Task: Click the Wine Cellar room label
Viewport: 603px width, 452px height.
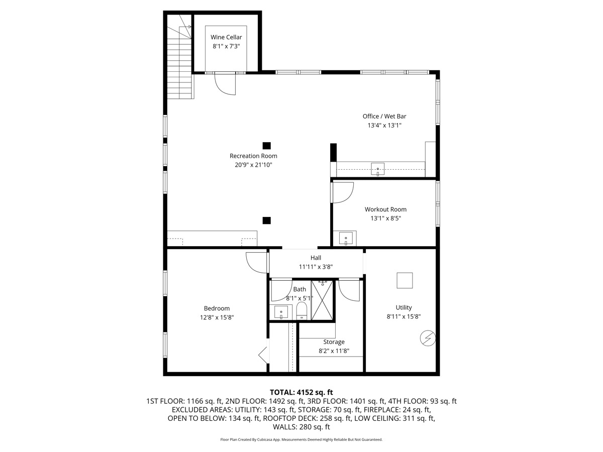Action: [226, 37]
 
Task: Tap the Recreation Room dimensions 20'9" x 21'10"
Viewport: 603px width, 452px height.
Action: [253, 165]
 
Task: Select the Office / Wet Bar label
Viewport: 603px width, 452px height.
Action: [384, 117]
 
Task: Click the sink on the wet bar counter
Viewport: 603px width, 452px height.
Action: [378, 169]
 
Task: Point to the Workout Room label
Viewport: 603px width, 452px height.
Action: [385, 209]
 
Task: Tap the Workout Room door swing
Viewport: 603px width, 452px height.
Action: [343, 192]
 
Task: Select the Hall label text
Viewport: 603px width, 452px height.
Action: [316, 258]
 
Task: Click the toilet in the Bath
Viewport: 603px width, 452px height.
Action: [301, 311]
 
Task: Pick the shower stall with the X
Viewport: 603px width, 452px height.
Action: [322, 300]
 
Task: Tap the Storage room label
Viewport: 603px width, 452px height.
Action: [334, 342]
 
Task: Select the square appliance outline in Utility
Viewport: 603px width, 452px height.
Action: [405, 280]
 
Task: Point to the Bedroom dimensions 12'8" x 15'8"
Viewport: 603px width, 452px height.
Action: [217, 317]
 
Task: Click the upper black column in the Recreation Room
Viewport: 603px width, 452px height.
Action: [267, 146]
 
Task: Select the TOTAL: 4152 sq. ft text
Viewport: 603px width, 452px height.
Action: [301, 392]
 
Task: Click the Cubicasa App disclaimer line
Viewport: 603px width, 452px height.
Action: [301, 439]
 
